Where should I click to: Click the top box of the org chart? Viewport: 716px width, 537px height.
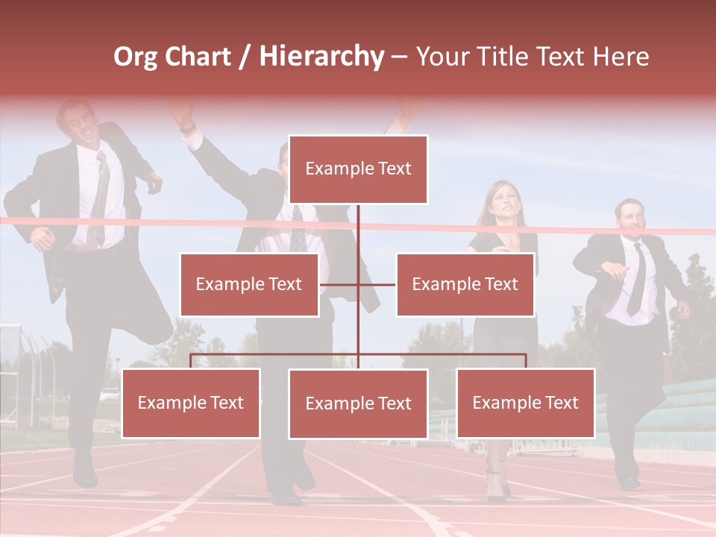point(358,169)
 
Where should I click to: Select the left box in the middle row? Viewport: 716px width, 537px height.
point(249,284)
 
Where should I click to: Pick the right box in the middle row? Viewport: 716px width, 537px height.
point(465,284)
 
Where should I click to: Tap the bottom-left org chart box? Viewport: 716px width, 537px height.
point(191,403)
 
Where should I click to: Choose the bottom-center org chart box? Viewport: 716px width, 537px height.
point(358,403)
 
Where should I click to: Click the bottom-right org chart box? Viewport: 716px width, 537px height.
point(525,403)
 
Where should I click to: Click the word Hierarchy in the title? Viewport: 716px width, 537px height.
point(321,57)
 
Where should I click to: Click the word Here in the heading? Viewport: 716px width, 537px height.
point(620,57)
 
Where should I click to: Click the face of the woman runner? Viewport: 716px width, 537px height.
point(499,201)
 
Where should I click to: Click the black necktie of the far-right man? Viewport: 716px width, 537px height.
point(636,280)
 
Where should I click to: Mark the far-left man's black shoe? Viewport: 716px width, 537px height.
point(84,470)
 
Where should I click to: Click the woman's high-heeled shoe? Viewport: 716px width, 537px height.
point(495,489)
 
